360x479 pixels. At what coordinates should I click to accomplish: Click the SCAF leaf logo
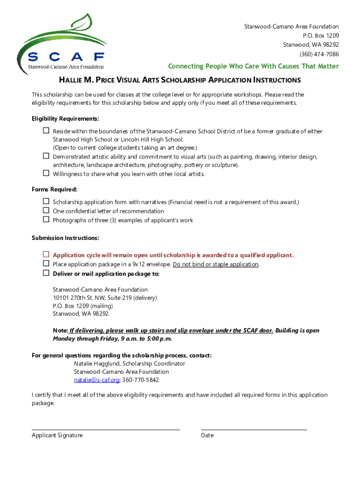click(61, 42)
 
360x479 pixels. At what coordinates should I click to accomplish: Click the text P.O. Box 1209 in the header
click(321, 36)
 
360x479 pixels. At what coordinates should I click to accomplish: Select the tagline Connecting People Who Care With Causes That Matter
click(253, 66)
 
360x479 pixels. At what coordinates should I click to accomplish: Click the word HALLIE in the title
click(74, 80)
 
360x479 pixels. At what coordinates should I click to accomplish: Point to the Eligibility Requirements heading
click(65, 119)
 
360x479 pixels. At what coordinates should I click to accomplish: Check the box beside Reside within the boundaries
click(46, 131)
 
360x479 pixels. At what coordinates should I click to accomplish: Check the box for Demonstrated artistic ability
click(46, 156)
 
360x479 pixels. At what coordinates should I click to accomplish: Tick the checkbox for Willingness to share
click(46, 174)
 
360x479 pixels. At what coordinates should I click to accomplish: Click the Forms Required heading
click(54, 189)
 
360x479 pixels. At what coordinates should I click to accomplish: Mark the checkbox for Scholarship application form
click(46, 202)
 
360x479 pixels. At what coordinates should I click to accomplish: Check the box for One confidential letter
click(46, 210)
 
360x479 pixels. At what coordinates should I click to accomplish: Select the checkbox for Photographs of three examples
click(46, 219)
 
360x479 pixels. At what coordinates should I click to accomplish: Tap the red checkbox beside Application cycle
click(46, 255)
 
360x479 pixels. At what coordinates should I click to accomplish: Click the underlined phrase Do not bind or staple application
click(216, 264)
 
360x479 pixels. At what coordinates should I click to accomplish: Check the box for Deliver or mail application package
click(46, 273)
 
